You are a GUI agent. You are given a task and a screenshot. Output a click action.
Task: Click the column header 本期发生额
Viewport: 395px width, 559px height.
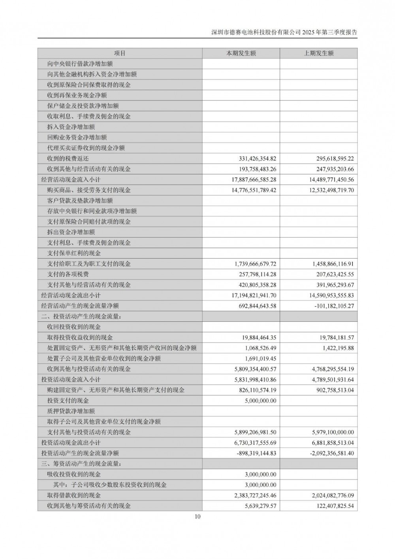pyautogui.click(x=241, y=53)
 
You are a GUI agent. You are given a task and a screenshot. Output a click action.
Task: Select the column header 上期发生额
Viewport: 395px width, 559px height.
pyautogui.click(x=318, y=53)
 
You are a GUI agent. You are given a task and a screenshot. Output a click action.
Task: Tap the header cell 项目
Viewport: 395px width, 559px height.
pyautogui.click(x=120, y=53)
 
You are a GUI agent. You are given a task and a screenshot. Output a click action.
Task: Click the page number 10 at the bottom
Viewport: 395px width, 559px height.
pyautogui.click(x=197, y=516)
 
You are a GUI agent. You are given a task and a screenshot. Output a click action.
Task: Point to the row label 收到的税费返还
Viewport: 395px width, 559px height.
pyautogui.click(x=68, y=159)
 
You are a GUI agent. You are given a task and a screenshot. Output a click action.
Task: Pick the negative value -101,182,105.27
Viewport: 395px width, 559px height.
pyautogui.click(x=333, y=306)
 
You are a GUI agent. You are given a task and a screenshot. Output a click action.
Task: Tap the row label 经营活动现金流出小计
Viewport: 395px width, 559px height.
pyautogui.click(x=71, y=295)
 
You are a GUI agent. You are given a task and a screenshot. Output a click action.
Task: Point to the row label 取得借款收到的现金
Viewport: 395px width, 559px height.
pyautogui.click(x=74, y=495)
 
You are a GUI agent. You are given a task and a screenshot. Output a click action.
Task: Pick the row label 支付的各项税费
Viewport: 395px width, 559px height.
pyautogui.click(x=68, y=274)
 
